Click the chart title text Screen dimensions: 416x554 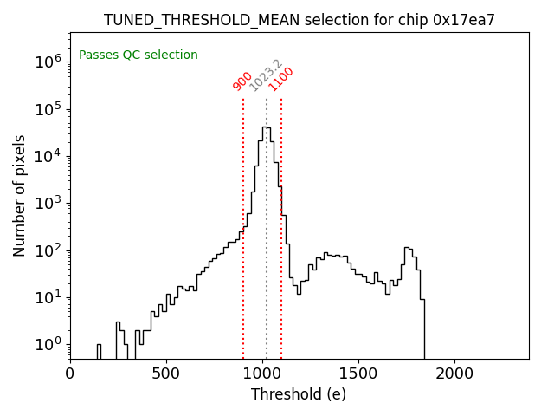click(299, 19)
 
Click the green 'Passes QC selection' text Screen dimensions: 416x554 click(138, 55)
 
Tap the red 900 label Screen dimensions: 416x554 click(242, 81)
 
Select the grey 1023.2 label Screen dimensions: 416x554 click(266, 75)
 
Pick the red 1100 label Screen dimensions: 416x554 click(281, 79)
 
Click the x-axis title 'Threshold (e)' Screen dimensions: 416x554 click(299, 394)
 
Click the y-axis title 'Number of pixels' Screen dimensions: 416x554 click(19, 195)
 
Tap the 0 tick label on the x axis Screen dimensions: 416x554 click(70, 374)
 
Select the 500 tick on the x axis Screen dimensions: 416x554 click(166, 374)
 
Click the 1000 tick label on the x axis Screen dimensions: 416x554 click(262, 374)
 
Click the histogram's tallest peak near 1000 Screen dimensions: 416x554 click(266, 127)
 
